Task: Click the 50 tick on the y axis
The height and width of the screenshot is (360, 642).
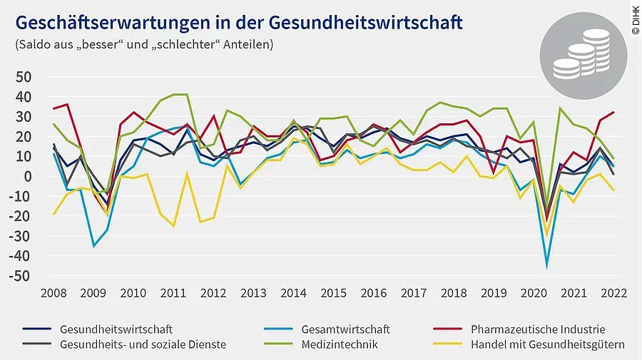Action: [24, 76]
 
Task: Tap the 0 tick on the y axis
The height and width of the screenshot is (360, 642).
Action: [29, 176]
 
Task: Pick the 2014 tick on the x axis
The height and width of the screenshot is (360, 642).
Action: [294, 293]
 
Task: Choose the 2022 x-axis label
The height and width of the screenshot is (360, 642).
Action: [615, 293]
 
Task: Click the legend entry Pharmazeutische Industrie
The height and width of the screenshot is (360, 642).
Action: [538, 329]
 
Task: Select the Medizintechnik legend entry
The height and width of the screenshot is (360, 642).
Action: [339, 344]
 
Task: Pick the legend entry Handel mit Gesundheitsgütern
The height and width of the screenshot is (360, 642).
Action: [548, 344]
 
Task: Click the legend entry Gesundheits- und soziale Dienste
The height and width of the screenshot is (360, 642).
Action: [143, 344]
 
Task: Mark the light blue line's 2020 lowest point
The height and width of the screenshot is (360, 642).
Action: [547, 266]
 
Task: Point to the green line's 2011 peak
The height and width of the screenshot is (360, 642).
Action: [180, 95]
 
